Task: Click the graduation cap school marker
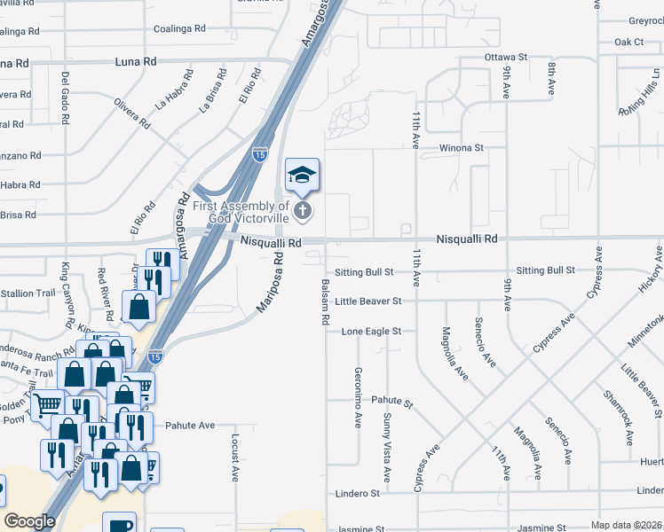[302, 175]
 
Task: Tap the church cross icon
[303, 211]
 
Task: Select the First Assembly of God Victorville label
[249, 212]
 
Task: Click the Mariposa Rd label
[271, 281]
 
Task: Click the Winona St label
[460, 148]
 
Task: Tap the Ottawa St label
[506, 57]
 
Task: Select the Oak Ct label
[628, 42]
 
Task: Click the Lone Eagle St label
[372, 332]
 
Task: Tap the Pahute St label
[392, 403]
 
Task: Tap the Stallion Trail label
[29, 293]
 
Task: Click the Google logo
[29, 520]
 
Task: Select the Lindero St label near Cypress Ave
[358, 493]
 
